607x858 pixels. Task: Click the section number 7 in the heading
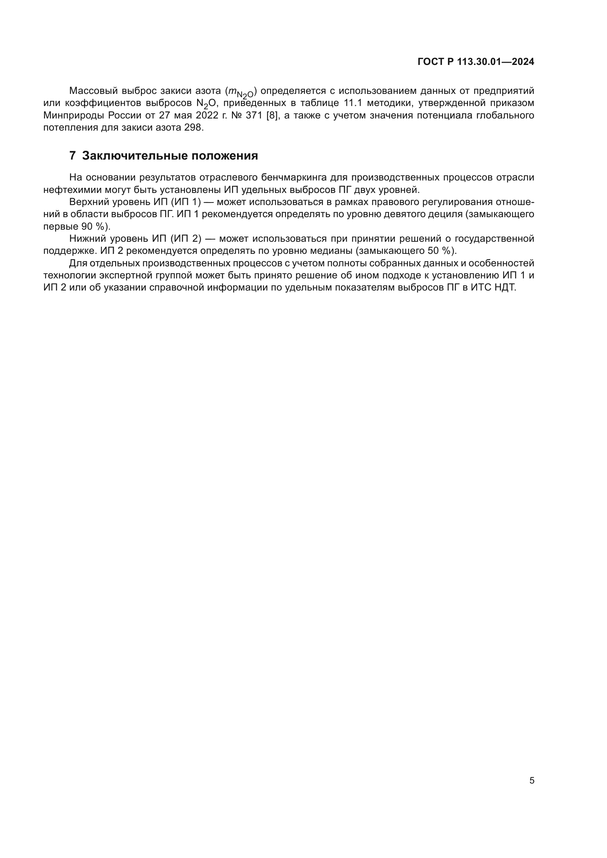tap(73, 156)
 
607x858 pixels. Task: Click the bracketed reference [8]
tap(272, 115)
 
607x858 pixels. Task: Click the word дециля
tap(446, 214)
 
